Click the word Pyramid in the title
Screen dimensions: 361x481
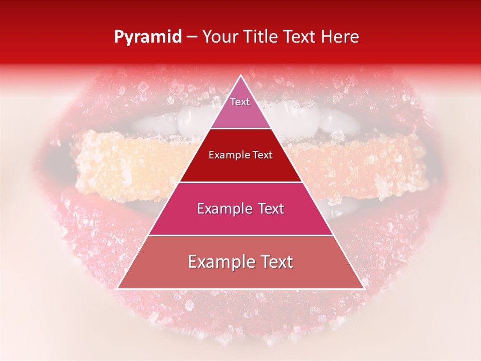tap(148, 37)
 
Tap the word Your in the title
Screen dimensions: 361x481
tap(220, 37)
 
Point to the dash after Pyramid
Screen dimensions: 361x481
tap(192, 37)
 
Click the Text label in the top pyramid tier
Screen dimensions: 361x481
tap(240, 102)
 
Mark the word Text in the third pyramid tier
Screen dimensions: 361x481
tap(271, 209)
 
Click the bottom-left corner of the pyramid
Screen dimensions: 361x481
tap(118, 288)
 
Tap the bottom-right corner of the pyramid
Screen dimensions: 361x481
tap(364, 288)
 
